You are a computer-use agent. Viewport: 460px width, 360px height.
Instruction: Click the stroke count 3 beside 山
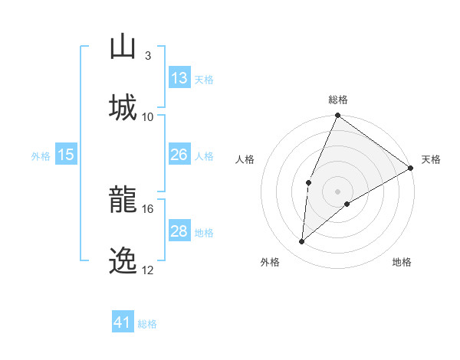[147, 56]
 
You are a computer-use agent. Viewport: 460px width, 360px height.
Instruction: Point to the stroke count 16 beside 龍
[147, 208]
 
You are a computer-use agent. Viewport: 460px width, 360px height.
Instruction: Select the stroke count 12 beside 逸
[147, 270]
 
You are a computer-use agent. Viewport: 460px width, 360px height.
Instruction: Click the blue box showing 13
[179, 78]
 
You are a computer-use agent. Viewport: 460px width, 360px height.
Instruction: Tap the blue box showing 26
[179, 155]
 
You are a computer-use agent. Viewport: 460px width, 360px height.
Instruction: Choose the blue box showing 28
[179, 231]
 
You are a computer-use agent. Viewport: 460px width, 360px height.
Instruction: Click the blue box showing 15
[66, 155]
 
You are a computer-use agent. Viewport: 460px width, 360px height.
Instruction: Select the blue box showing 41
[123, 322]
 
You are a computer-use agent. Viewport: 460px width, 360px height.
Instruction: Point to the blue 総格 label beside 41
[147, 324]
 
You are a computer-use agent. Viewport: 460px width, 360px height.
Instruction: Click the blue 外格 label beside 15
[41, 156]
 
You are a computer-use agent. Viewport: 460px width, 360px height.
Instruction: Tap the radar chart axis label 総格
[338, 100]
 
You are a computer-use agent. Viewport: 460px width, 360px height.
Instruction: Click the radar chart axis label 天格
[431, 159]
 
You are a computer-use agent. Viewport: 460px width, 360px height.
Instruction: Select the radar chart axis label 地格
[402, 262]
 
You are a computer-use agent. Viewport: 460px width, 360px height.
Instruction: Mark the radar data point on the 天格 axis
[411, 168]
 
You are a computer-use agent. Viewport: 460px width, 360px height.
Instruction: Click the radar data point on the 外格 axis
[302, 242]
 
